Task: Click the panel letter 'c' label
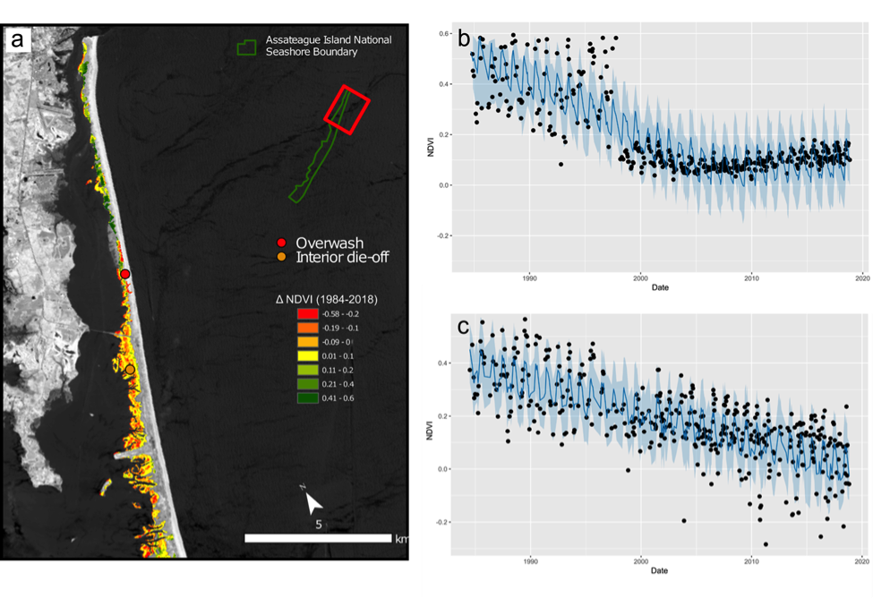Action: click(464, 327)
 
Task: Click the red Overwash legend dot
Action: click(282, 243)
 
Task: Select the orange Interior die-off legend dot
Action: click(282, 258)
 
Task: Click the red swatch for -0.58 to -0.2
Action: click(307, 313)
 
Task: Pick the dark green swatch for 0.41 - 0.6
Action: click(307, 397)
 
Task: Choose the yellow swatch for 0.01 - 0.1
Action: click(307, 355)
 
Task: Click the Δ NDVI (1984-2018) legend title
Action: click(326, 298)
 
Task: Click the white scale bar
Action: click(318, 538)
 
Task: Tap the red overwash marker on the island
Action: click(125, 273)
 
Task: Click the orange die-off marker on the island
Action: click(130, 369)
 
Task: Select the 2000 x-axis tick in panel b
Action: click(640, 277)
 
